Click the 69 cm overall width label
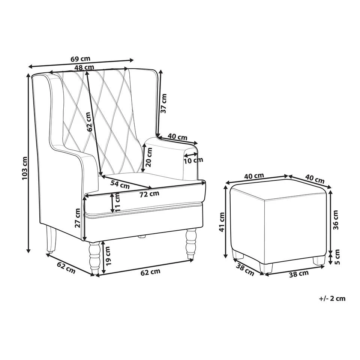click(81, 59)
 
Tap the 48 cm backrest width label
click(84, 67)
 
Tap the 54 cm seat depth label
click(120, 184)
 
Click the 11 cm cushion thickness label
click(118, 202)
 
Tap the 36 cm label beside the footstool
click(336, 219)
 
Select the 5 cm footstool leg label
click(336, 256)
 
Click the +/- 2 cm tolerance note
click(332, 298)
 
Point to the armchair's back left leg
click(50, 240)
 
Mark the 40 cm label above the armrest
click(177, 137)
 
